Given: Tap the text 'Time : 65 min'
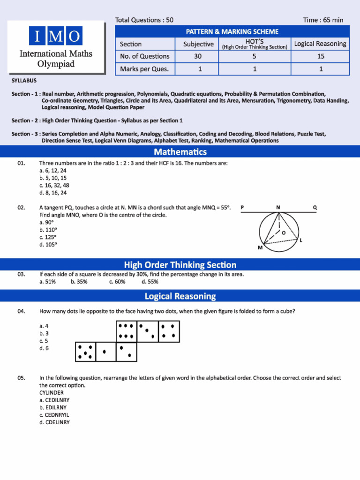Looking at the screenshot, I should pyautogui.click(x=323, y=20).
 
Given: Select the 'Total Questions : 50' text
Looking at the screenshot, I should pyautogui.click(x=144, y=20).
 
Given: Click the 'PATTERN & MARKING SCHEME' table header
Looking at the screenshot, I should pyautogui.click(x=232, y=32).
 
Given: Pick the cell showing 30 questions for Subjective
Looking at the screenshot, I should pyautogui.click(x=198, y=56).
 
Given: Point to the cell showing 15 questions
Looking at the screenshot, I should pyautogui.click(x=320, y=56).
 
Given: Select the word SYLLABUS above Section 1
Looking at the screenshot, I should pyautogui.click(x=24, y=81).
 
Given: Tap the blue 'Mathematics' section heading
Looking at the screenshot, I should pyautogui.click(x=180, y=152).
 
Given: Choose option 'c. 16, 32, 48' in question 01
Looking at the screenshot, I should pyautogui.click(x=54, y=185).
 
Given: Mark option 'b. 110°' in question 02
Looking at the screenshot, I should pyautogui.click(x=48, y=230).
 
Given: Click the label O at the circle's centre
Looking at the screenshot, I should pyautogui.click(x=284, y=232).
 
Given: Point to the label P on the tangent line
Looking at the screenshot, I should pyautogui.click(x=242, y=207).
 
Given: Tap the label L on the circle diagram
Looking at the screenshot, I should pyautogui.click(x=300, y=240).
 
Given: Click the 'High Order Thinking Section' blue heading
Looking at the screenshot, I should pyautogui.click(x=180, y=265).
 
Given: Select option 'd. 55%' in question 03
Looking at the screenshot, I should pyautogui.click(x=150, y=282).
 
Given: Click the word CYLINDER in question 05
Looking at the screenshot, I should pyautogui.click(x=52, y=392).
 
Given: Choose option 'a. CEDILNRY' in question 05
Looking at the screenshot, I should pyautogui.click(x=54, y=400).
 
